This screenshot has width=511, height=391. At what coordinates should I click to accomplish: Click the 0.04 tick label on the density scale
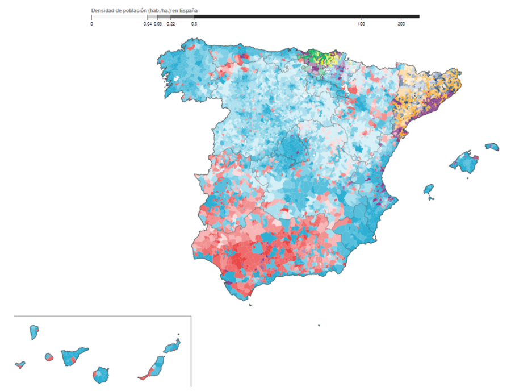click(x=148, y=24)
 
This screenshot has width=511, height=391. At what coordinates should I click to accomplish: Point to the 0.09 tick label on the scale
click(x=158, y=24)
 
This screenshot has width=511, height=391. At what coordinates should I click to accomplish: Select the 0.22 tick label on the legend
click(x=170, y=24)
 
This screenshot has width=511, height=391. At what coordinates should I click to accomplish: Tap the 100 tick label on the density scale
click(x=361, y=24)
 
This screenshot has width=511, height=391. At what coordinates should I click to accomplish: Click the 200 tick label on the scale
click(x=401, y=24)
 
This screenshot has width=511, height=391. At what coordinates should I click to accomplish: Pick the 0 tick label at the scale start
click(x=91, y=24)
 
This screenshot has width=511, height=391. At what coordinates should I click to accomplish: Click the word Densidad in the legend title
click(x=102, y=10)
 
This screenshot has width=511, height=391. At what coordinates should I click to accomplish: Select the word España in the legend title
click(x=190, y=10)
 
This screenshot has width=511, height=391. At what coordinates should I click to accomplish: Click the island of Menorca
click(x=492, y=147)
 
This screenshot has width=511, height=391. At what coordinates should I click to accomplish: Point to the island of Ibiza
click(x=429, y=190)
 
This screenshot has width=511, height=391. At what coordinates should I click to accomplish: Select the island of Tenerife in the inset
click(x=74, y=357)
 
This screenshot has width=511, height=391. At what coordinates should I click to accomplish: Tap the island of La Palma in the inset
click(x=34, y=332)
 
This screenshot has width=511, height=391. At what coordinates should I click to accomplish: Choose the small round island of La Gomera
click(x=49, y=357)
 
